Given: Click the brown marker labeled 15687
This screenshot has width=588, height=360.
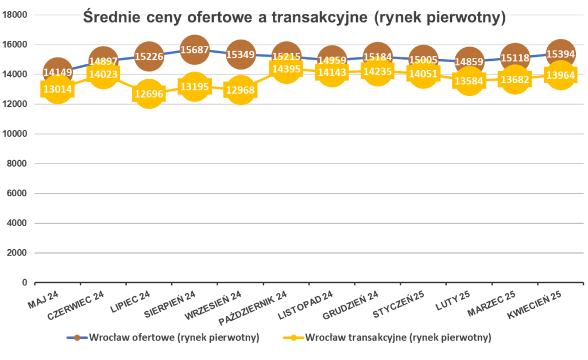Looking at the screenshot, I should pyautogui.click(x=195, y=49).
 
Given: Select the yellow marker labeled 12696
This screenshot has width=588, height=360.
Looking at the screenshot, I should pyautogui.click(x=149, y=94).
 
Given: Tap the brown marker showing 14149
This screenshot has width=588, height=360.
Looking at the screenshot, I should pyautogui.click(x=57, y=72).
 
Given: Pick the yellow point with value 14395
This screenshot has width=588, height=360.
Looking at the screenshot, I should pyautogui.click(x=286, y=69).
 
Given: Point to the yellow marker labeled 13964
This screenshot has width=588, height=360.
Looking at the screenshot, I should pyautogui.click(x=560, y=75).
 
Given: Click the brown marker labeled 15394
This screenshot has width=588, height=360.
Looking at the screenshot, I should pyautogui.click(x=560, y=54).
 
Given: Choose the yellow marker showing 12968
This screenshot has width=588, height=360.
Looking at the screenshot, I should pyautogui.click(x=241, y=90).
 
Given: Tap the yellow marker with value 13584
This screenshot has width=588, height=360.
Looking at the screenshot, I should pyautogui.click(x=469, y=81).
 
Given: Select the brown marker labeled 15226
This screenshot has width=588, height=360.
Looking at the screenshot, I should pyautogui.click(x=149, y=56).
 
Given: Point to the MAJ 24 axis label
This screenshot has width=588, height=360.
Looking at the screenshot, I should pyautogui.click(x=44, y=299).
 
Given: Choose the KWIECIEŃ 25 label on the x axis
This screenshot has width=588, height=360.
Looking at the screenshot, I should pyautogui.click(x=534, y=305).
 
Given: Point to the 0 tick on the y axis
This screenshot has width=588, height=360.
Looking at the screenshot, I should pyautogui.click(x=24, y=282).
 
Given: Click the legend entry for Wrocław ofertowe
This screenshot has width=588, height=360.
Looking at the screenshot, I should pyautogui.click(x=164, y=338).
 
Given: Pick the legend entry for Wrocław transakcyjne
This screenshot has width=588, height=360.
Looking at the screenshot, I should pyautogui.click(x=388, y=338).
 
